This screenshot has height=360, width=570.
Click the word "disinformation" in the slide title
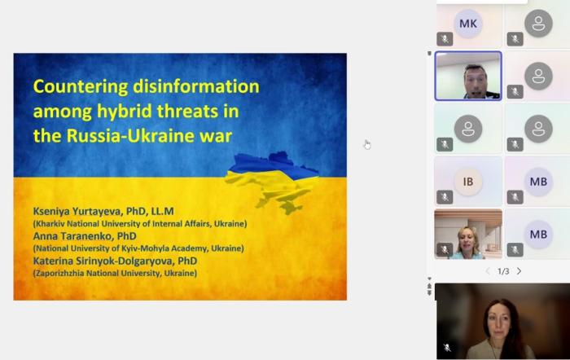pyautogui.click(x=204, y=86)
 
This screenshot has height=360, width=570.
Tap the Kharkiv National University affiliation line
pyautogui.click(x=139, y=223)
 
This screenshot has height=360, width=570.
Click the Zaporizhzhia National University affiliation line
pyautogui.click(x=114, y=273)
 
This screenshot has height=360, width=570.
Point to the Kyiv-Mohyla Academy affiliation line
pyautogui.click(x=138, y=248)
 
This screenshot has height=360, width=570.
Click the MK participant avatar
pyautogui.click(x=468, y=24)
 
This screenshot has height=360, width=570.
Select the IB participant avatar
pyautogui.click(x=468, y=181)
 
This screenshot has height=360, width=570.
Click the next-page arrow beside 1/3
pyautogui.click(x=519, y=271)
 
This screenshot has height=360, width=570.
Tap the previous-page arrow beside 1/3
pyautogui.click(x=488, y=271)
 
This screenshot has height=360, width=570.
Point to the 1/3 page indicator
pyautogui.click(x=503, y=271)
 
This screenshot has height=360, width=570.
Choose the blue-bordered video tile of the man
pyautogui.click(x=468, y=76)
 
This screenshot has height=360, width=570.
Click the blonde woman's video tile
pyautogui.click(x=468, y=234)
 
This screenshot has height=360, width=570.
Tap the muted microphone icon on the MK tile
pyautogui.click(x=444, y=38)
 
